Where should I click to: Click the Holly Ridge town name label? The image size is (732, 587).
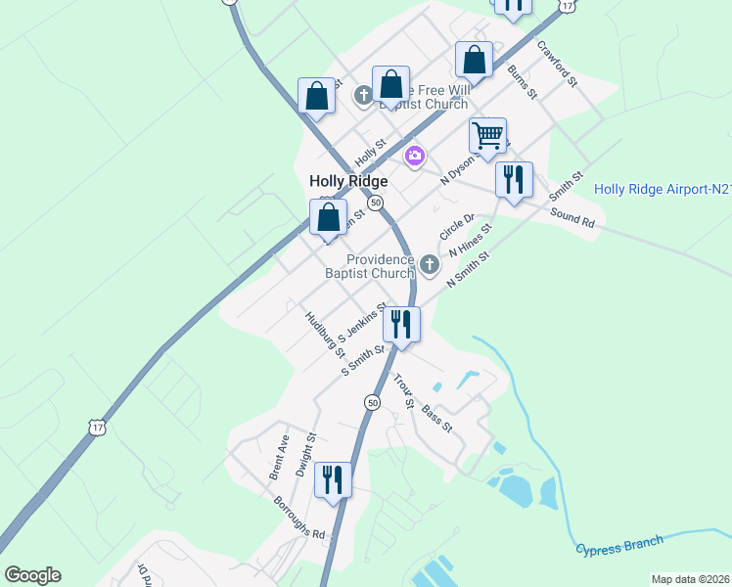[348, 181]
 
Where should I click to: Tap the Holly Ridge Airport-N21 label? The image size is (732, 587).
[663, 189]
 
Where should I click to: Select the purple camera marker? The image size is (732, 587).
[416, 156]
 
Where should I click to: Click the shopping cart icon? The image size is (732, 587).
[487, 134]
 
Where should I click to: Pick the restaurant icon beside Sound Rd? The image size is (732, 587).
[513, 179]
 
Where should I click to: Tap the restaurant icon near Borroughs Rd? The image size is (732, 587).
[333, 479]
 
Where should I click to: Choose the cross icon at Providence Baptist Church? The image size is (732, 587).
[429, 264]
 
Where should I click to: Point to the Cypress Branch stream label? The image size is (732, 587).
[618, 545]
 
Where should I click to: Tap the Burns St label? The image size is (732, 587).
[523, 83]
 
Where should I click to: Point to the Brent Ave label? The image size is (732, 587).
[278, 457]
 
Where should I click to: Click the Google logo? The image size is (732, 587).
[32, 574]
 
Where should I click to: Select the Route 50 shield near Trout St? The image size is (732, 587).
[373, 402]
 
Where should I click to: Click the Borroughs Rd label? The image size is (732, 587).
[299, 519]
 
